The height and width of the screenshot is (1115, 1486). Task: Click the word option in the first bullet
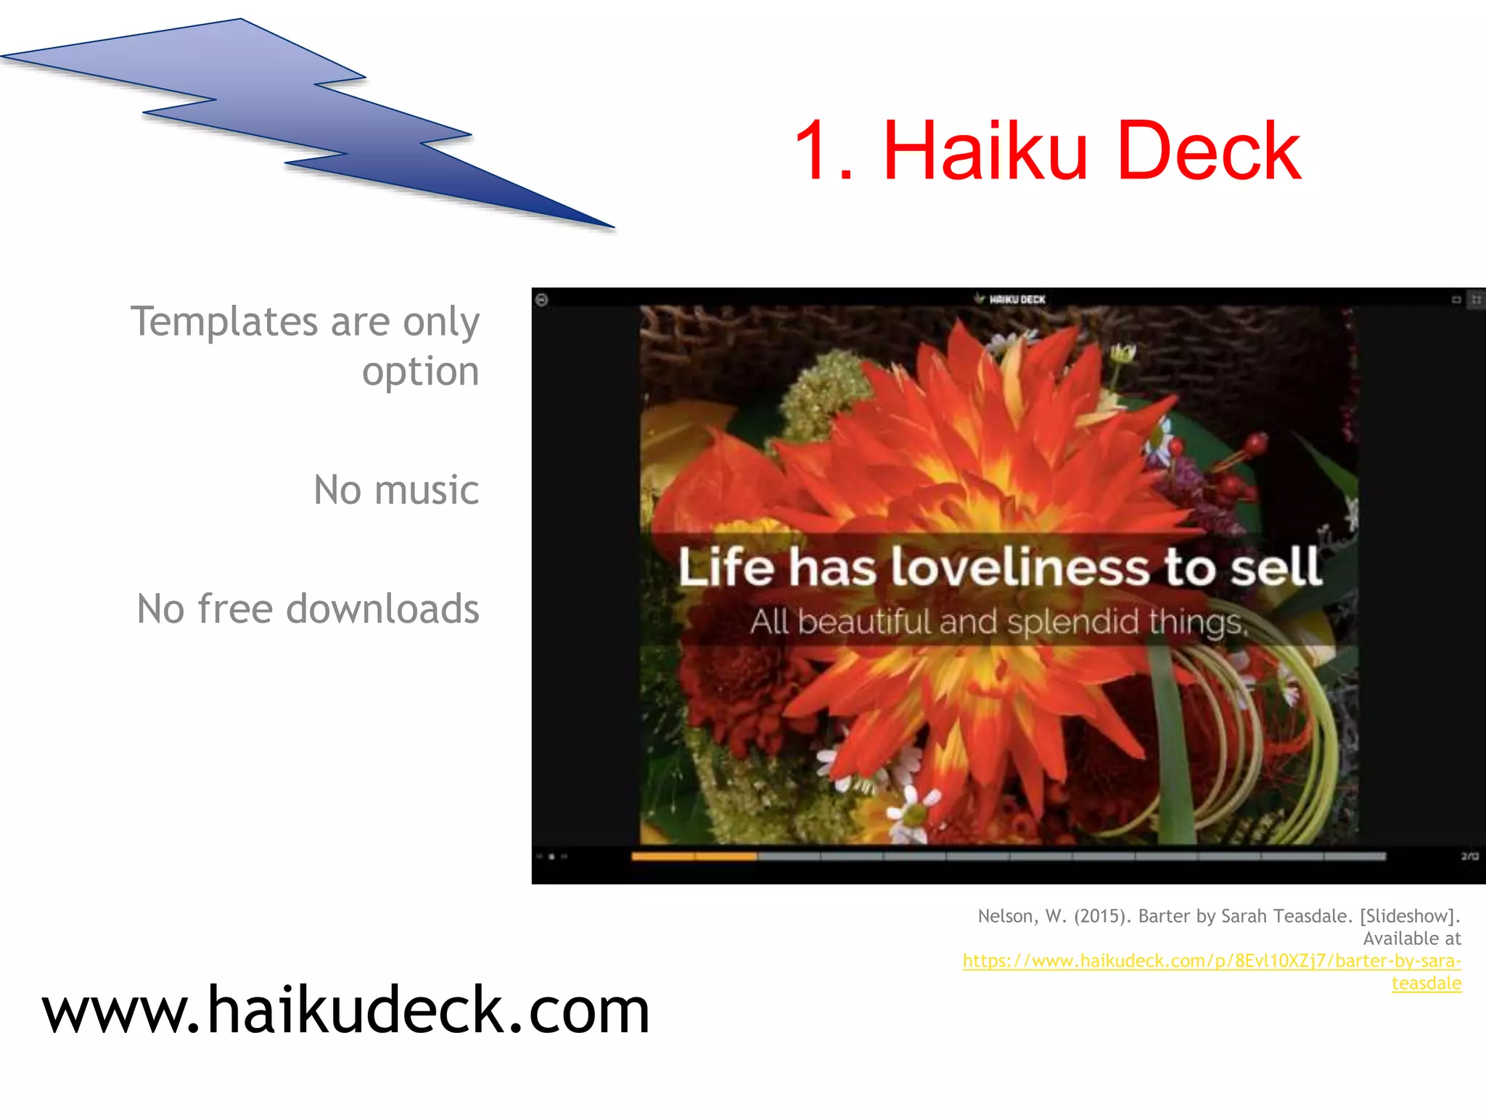point(420,372)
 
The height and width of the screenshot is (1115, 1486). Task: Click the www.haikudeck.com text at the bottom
point(345,1010)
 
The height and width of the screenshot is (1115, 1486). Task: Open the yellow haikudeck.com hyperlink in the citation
point(1211,961)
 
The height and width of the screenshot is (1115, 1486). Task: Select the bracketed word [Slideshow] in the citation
point(1407,916)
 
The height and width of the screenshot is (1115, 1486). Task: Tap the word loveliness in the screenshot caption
point(1020,567)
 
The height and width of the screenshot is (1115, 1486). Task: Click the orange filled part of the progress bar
point(694,857)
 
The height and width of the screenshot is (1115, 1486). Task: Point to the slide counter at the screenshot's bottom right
point(1469,857)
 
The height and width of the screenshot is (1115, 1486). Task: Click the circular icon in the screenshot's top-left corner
point(541,299)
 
